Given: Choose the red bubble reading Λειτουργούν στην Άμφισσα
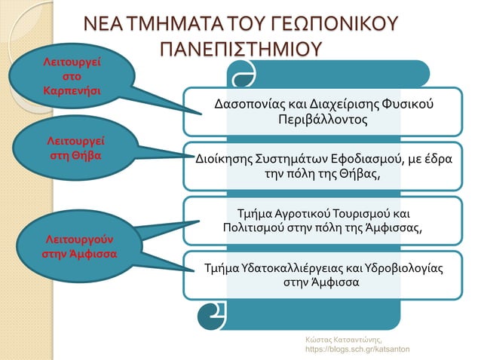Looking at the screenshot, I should point(78,246).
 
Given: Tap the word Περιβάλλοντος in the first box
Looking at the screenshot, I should point(321,119).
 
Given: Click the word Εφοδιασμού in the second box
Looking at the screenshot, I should point(366,159).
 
